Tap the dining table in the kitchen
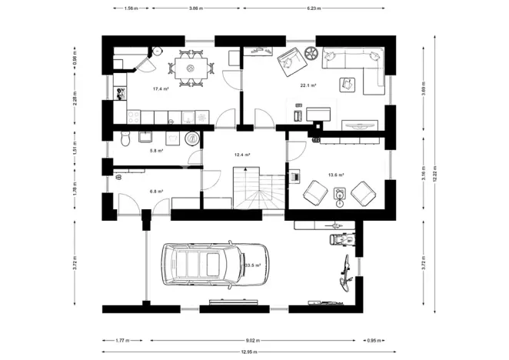(x=187, y=68)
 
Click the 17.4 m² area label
(x=160, y=89)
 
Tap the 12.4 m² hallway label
(x=243, y=155)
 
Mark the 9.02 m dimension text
(x=253, y=338)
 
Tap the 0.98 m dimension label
(x=75, y=56)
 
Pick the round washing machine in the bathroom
(x=192, y=138)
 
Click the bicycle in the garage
(x=348, y=275)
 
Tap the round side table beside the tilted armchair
(x=311, y=53)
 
